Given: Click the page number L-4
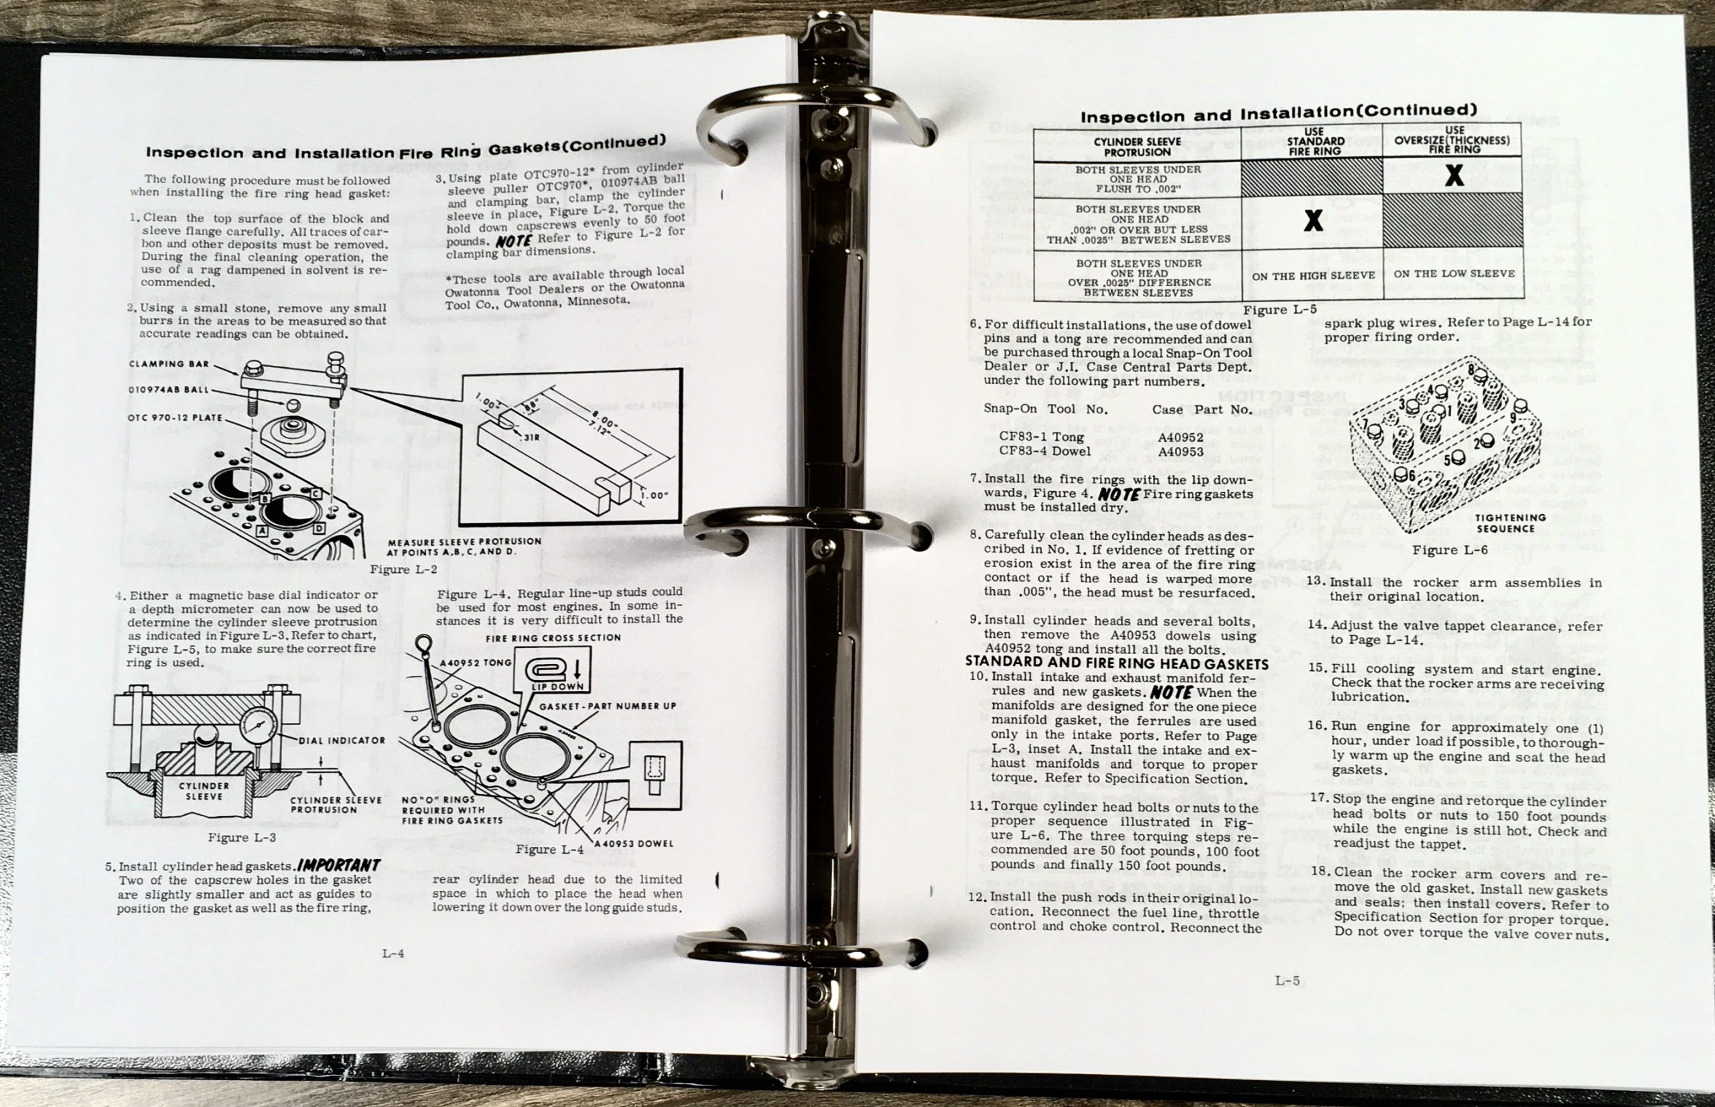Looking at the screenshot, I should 393,954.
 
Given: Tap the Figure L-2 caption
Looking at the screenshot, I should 403,569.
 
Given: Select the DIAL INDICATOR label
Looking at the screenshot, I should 341,740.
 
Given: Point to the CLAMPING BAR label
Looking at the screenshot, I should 169,364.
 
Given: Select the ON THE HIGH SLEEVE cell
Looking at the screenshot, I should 1312,275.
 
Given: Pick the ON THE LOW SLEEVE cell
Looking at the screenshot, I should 1454,274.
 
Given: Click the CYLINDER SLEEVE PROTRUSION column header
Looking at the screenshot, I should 1138,147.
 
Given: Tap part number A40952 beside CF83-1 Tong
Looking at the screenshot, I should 1180,437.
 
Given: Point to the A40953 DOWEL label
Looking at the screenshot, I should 634,843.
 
